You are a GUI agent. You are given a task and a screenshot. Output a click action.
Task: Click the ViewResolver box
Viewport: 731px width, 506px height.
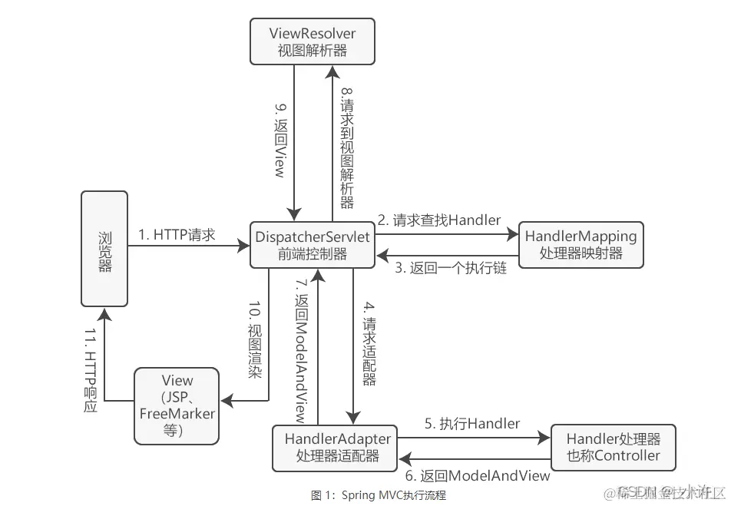[x=313, y=42]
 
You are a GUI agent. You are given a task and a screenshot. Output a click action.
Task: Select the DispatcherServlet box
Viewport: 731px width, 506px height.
[x=313, y=245]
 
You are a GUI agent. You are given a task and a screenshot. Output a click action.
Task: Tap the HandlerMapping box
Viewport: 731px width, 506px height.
[x=580, y=245]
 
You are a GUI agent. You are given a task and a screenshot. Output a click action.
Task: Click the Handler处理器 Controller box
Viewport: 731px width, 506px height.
[x=613, y=447]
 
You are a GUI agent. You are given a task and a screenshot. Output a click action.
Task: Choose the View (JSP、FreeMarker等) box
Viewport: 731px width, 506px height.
[x=177, y=405]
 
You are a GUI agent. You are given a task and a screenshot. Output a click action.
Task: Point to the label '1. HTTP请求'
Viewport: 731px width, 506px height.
[x=177, y=235]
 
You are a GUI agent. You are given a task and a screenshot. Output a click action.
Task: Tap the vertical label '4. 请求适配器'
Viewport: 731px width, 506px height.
[x=369, y=350]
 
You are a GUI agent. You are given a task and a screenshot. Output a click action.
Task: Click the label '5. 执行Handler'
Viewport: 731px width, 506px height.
[x=472, y=423]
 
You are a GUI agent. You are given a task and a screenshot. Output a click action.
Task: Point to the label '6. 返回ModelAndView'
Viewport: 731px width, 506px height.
[x=478, y=475]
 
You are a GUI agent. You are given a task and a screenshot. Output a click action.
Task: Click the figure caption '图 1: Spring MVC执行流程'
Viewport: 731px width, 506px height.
[x=379, y=495]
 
